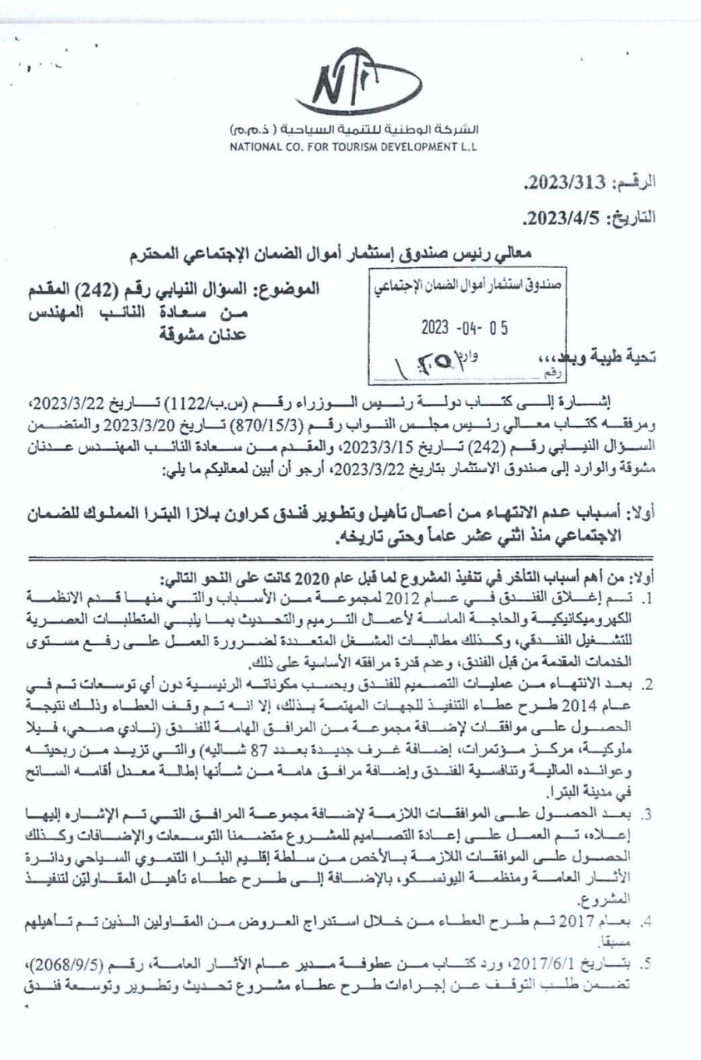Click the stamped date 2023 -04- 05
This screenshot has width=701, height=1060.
point(465,327)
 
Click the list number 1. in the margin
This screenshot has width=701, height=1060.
point(646,599)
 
